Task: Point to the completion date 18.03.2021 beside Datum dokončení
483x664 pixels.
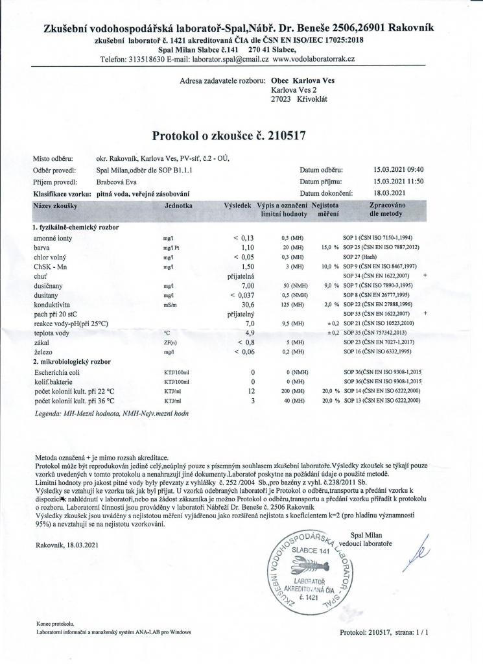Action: (390, 193)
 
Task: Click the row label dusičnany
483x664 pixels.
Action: (49, 285)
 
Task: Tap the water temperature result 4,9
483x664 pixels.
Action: (246, 332)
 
